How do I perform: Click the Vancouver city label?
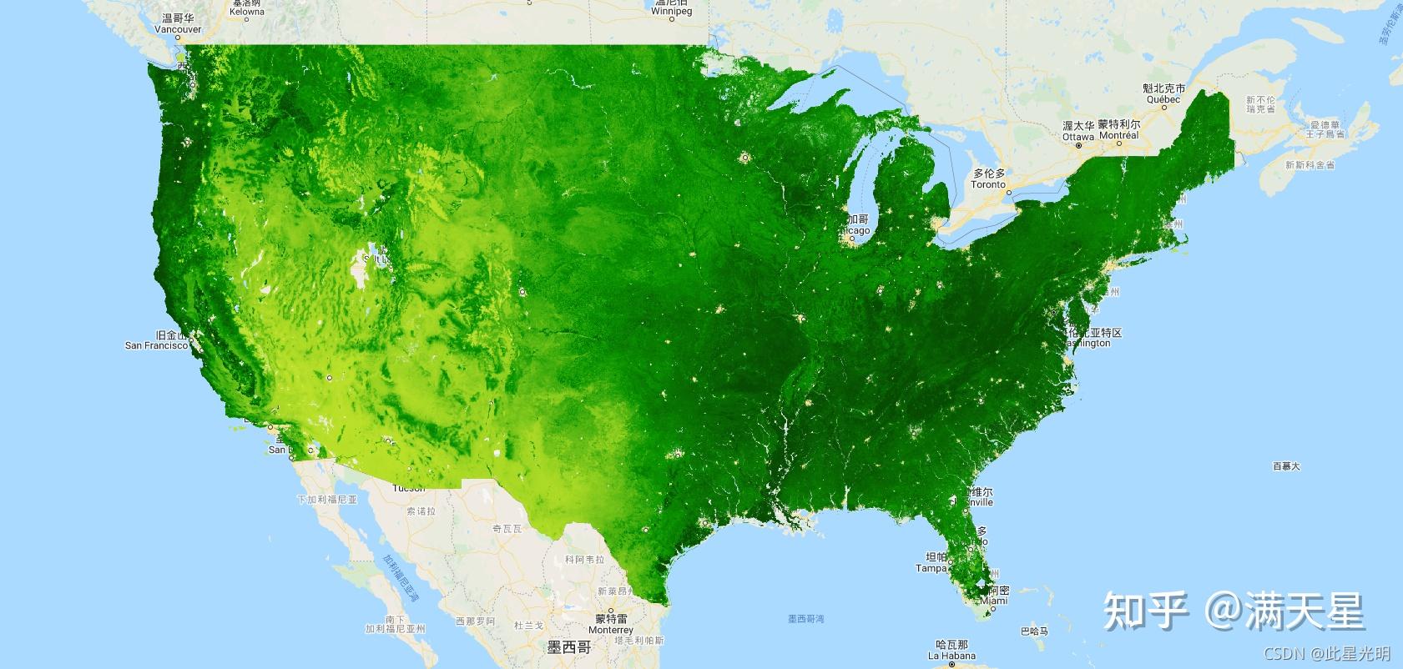click(x=178, y=29)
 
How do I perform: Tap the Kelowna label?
click(x=247, y=12)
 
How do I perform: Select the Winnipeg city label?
click(x=672, y=12)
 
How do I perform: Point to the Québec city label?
click(x=1163, y=99)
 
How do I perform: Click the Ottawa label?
click(x=1078, y=137)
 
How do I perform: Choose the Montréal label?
click(x=1119, y=135)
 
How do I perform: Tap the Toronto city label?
click(x=988, y=184)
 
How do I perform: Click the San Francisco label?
click(x=156, y=345)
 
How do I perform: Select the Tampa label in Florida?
click(x=931, y=568)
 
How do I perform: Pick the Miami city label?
click(x=993, y=601)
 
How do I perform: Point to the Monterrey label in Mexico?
click(x=612, y=631)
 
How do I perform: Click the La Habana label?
click(x=951, y=656)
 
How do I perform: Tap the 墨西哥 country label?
click(x=569, y=647)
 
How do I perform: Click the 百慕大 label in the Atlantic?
click(x=1286, y=466)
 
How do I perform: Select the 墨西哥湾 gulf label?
click(x=805, y=619)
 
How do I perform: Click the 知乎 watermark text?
click(x=1146, y=611)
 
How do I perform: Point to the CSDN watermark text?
click(x=1284, y=653)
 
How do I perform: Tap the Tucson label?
click(x=408, y=488)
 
